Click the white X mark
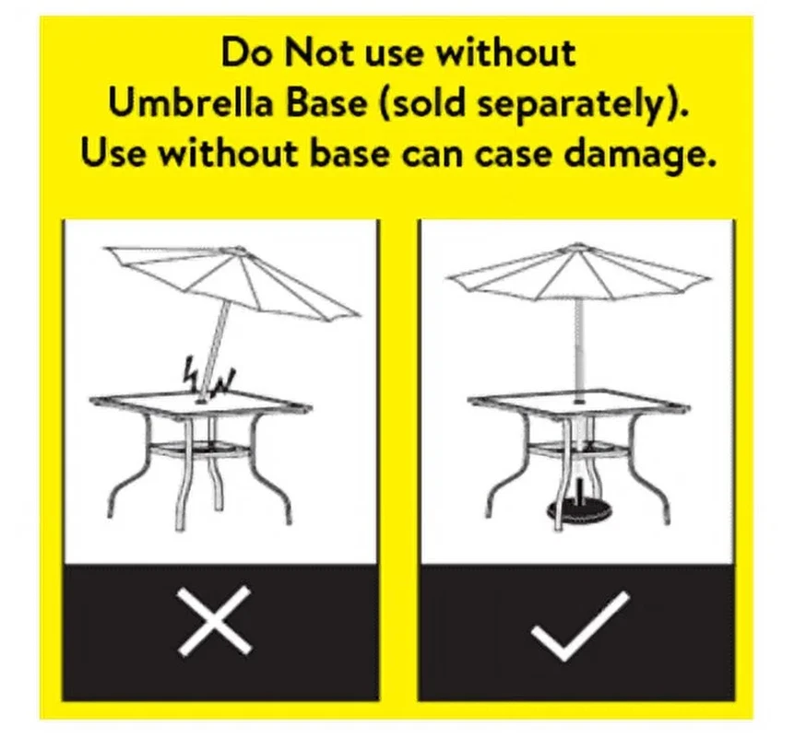[x=215, y=621]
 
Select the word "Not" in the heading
[x=319, y=53]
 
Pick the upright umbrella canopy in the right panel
[x=579, y=272]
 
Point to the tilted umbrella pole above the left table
[x=215, y=349]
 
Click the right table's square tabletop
[x=579, y=401]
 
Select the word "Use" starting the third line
[x=113, y=153]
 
